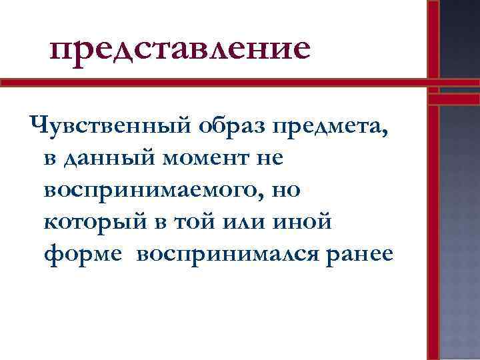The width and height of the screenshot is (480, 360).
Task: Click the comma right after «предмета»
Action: click(386, 132)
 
